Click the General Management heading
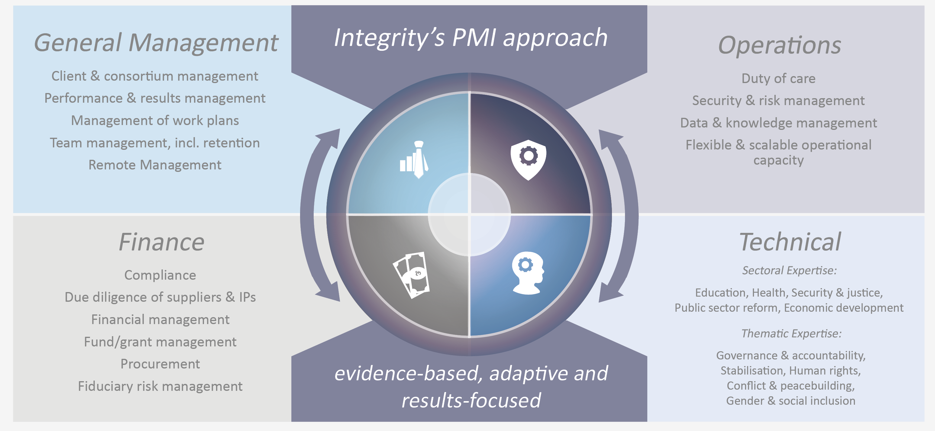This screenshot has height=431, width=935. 156,43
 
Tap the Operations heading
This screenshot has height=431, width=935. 779,45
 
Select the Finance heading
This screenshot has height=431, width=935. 161,242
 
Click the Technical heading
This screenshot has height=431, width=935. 790,242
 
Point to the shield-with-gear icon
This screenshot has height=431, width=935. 528,159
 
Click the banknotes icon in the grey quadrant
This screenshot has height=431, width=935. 412,275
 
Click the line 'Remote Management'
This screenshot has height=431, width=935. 155,165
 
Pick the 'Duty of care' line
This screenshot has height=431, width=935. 778,78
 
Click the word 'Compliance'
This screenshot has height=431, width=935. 160,275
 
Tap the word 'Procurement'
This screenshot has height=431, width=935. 160,364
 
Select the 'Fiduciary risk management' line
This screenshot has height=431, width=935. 160,386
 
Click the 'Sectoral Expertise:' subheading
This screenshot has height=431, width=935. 789,270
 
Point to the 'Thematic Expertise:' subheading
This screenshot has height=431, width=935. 791,333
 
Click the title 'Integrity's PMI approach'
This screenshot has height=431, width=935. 471,38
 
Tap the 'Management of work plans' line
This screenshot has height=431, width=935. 155,121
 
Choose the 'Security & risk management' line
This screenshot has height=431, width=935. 778,101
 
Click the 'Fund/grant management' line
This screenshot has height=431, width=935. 160,342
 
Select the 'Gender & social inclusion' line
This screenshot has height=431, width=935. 791,401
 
